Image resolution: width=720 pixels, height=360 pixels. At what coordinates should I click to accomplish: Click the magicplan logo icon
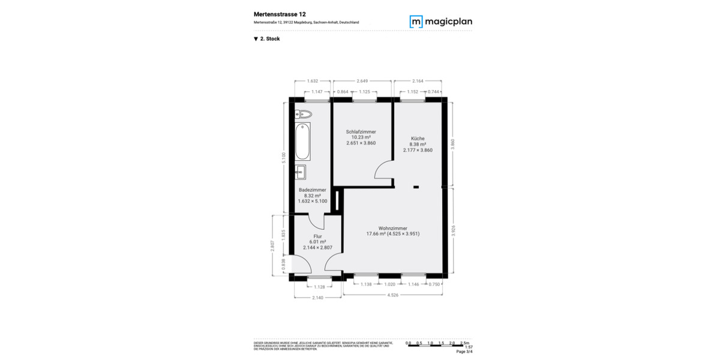pos(416,22)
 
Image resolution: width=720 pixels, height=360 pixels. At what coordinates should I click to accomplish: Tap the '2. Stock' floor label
pos(267,39)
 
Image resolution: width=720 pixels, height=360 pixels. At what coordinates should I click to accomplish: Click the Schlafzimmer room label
pos(361,131)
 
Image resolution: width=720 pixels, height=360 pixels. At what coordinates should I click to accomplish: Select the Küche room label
pos(418,138)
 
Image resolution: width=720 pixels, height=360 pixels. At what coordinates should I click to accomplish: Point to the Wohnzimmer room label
pos(393,228)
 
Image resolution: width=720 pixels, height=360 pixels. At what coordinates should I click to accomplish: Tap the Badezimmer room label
pos(313,190)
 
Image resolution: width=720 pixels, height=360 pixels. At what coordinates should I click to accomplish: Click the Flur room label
pos(317,236)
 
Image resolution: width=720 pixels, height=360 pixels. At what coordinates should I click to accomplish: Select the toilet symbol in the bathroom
pos(302,114)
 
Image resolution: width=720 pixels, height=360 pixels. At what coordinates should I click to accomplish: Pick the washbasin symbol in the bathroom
pos(300,172)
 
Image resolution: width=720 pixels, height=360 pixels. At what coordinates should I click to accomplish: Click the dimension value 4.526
pos(393,295)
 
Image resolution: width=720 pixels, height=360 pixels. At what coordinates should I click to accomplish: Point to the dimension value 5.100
pos(284,158)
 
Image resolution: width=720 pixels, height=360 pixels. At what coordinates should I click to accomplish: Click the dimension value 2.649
pos(362,80)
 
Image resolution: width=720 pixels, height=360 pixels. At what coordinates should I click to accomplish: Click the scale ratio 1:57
pos(469,347)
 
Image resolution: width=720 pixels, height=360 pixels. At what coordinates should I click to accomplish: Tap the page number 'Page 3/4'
pos(464,352)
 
